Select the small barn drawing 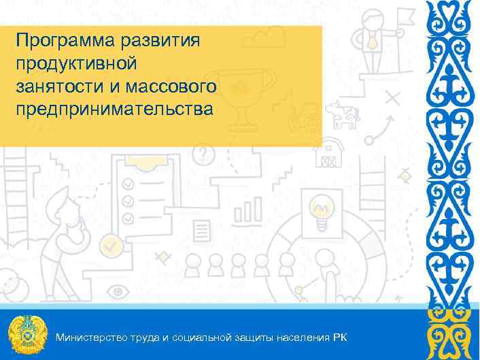(330, 154)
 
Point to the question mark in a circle (202, 156)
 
